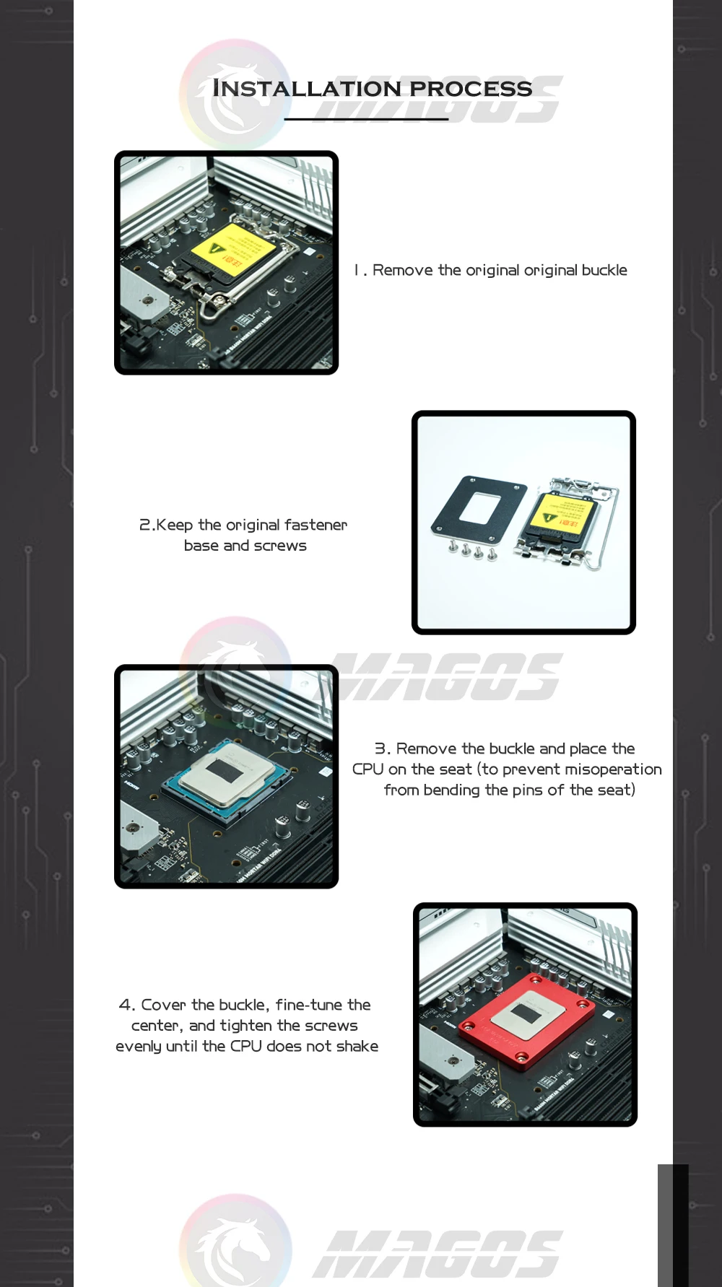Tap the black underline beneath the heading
click(x=366, y=119)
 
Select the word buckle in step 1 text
click(x=604, y=270)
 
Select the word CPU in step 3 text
click(x=368, y=769)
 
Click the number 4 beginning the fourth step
click(x=126, y=1005)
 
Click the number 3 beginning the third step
click(x=380, y=749)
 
